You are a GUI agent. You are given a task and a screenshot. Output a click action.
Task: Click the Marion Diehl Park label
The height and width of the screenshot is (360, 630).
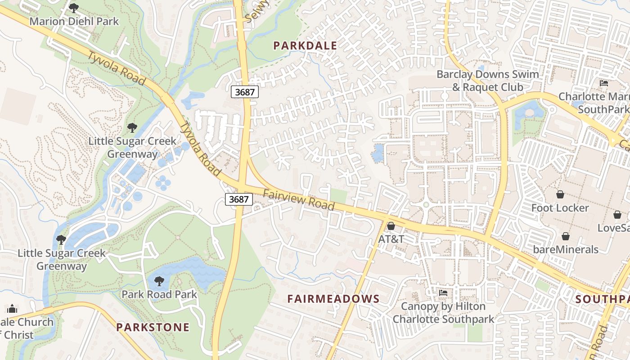pyautogui.click(x=74, y=21)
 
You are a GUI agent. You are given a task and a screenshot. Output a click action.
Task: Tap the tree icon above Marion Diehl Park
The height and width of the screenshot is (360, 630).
pyautogui.click(x=73, y=8)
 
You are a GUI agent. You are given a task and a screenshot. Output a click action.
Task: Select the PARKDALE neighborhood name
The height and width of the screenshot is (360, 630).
pyautogui.click(x=305, y=45)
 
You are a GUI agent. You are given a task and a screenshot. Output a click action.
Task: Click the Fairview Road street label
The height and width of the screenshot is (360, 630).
pyautogui.click(x=298, y=200)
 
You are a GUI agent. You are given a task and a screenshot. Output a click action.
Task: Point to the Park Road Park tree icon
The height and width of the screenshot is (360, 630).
pyautogui.click(x=159, y=282)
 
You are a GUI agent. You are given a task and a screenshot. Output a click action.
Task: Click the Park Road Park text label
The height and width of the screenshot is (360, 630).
pyautogui.click(x=159, y=294)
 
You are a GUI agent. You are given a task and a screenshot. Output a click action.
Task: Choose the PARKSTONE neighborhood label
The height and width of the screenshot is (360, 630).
pyautogui.click(x=153, y=327)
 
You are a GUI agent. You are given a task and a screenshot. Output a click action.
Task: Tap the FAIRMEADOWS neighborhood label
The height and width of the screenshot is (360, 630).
pyautogui.click(x=333, y=299)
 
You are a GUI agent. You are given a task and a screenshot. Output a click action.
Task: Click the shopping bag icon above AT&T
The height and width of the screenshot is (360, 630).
pyautogui.click(x=391, y=226)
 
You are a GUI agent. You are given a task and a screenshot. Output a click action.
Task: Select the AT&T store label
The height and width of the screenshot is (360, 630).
pyautogui.click(x=391, y=239)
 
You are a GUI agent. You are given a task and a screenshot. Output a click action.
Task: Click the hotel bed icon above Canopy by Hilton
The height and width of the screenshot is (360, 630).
pyautogui.click(x=443, y=293)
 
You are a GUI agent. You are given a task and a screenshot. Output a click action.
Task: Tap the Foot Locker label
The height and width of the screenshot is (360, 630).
pyautogui.click(x=560, y=208)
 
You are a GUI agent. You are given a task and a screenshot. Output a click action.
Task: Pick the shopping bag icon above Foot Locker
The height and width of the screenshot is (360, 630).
pyautogui.click(x=560, y=194)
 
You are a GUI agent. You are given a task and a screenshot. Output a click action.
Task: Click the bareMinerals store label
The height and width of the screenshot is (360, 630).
pyautogui.click(x=566, y=249)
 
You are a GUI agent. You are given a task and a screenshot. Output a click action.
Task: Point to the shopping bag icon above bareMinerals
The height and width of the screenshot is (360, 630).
pyautogui.click(x=566, y=236)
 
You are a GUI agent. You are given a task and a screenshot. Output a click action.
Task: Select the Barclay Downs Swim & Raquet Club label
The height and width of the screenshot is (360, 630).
pyautogui.click(x=488, y=81)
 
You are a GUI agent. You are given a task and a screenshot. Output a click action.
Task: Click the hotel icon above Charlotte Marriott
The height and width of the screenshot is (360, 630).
pyautogui.click(x=604, y=83)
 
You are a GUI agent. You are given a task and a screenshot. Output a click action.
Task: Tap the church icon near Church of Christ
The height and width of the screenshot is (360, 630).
pyautogui.click(x=12, y=309)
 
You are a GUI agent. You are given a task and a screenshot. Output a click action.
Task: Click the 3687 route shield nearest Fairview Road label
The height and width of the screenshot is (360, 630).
pyautogui.click(x=238, y=199)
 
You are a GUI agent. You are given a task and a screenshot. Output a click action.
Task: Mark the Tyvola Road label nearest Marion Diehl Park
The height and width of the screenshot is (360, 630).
pyautogui.click(x=117, y=69)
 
